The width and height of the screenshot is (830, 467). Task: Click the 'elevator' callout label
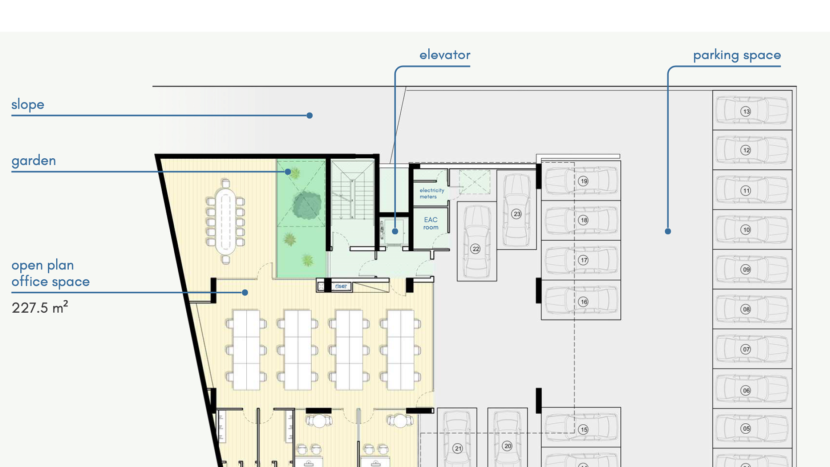[x=445, y=55]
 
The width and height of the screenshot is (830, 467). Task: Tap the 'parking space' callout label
[x=737, y=55]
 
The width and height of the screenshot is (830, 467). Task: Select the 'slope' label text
[x=28, y=105]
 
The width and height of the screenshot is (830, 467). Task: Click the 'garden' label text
[x=34, y=161]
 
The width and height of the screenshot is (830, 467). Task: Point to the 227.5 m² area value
[x=40, y=307]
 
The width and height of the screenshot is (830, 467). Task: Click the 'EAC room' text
[x=431, y=224]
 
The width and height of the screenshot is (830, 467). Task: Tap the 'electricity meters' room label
[x=431, y=193]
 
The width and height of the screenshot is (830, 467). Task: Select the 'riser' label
[x=341, y=286]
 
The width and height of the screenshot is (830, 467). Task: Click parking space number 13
[x=746, y=112]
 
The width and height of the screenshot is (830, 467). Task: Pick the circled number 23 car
[x=517, y=214]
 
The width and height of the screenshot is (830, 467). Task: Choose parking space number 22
[x=476, y=249]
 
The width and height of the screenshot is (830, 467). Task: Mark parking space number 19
[x=584, y=181]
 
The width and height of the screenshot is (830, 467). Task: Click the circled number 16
[x=584, y=302]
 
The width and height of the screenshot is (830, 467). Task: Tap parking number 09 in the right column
[x=746, y=269]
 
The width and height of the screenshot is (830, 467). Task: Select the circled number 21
[x=458, y=448]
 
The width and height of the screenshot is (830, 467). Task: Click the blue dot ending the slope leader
[x=310, y=115]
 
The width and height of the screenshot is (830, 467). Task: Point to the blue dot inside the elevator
[x=395, y=231]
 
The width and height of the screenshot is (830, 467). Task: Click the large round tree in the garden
[x=307, y=205]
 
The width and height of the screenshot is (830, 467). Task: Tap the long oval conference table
[x=225, y=221]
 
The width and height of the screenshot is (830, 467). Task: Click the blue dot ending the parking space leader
[x=668, y=231]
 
